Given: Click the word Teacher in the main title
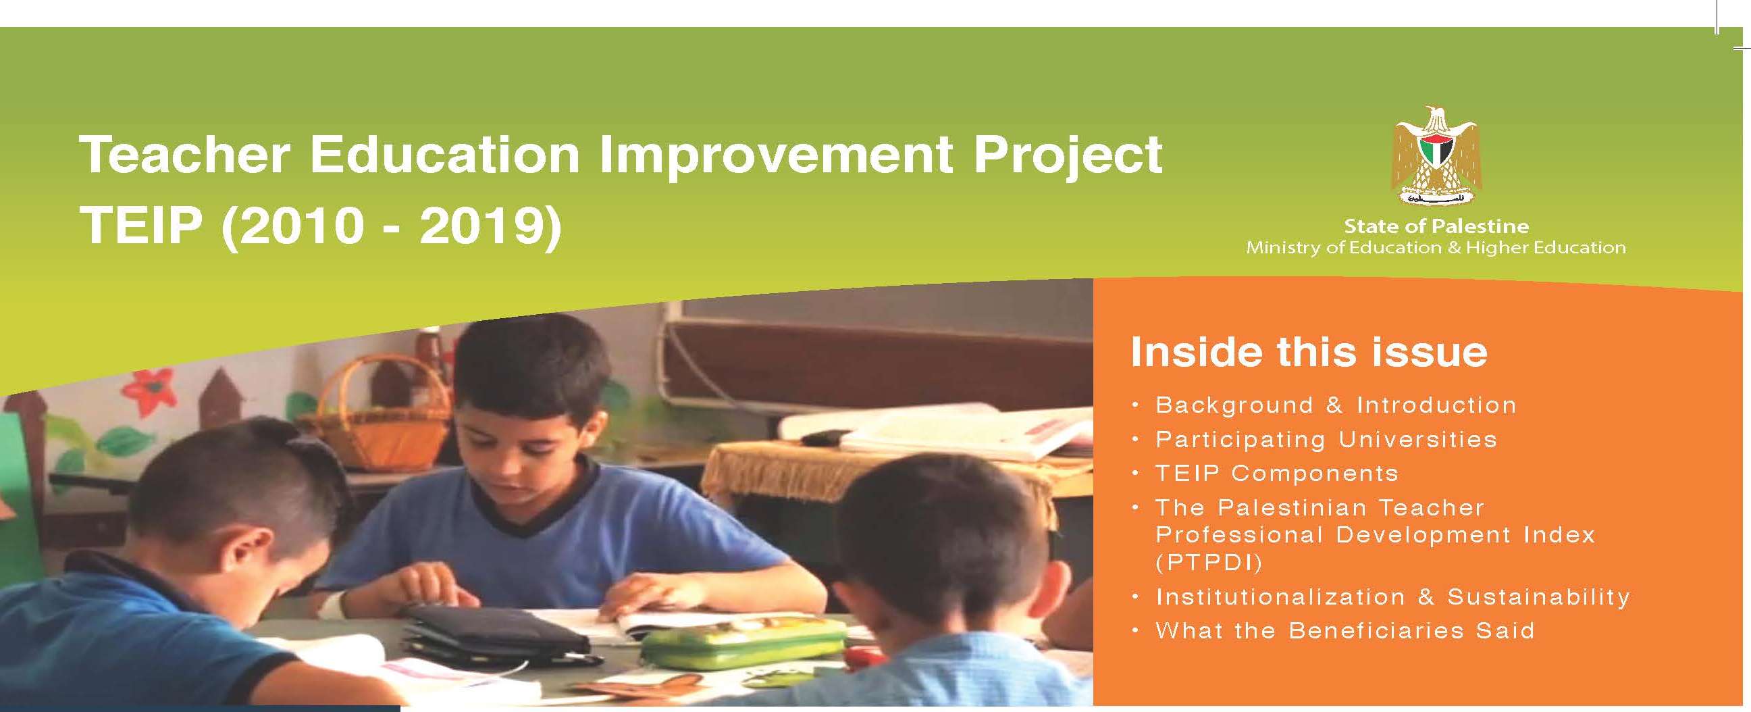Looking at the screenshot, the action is tap(184, 155).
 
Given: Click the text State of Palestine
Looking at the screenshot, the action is tap(1436, 226).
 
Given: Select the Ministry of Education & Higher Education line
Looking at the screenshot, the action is tap(1436, 247).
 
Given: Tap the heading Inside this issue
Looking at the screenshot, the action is tap(1309, 352).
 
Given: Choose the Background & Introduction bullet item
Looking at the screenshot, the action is tap(1336, 405).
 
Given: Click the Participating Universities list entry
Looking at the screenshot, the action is tap(1326, 439).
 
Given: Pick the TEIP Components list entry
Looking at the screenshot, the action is tap(1277, 474).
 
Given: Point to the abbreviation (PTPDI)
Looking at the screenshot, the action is tap(1209, 563).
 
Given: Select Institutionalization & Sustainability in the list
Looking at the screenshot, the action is tap(1394, 597).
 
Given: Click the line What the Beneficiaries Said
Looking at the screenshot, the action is tap(1345, 631).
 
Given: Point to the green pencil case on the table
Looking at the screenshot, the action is tap(745, 640).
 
